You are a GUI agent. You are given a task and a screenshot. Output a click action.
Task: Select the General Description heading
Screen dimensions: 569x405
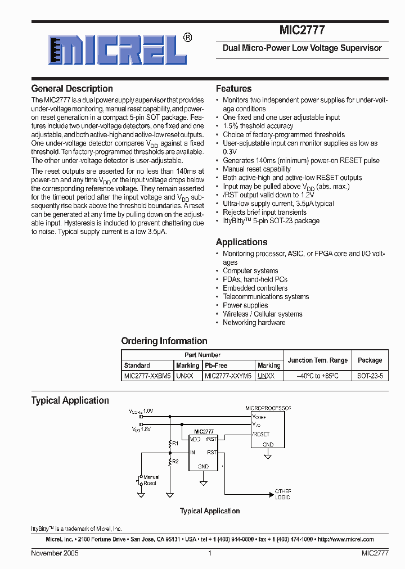[x=72, y=89]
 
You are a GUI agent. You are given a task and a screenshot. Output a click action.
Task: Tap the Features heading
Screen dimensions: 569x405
[x=233, y=89]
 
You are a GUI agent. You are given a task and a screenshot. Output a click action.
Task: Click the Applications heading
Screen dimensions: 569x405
[x=241, y=242]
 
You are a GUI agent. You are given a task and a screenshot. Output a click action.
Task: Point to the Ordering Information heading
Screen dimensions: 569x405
[x=164, y=341]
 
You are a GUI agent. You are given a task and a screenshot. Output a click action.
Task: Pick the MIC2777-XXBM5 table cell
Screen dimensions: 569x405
[x=147, y=376]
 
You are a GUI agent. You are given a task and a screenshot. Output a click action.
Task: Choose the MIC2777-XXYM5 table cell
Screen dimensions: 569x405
[x=228, y=376]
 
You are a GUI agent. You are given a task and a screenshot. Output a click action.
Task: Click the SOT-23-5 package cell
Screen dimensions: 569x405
[x=370, y=376]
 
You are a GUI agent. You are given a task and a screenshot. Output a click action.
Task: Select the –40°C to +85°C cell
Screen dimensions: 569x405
[x=318, y=376]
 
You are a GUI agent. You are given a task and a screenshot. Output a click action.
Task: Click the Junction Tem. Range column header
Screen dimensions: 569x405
[x=318, y=360]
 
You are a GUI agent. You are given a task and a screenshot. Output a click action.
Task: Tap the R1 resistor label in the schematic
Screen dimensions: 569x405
[x=175, y=444]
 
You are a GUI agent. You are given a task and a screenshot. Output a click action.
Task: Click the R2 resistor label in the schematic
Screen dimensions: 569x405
[x=175, y=461]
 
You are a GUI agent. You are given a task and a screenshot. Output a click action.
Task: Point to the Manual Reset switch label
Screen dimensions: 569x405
[x=150, y=480]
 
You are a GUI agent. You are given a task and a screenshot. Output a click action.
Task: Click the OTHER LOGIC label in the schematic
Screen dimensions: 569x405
[x=283, y=494]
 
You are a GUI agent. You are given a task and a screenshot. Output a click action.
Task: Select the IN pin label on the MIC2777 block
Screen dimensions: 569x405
[x=193, y=452]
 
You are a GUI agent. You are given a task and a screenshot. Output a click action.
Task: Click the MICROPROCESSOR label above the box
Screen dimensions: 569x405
[x=268, y=407]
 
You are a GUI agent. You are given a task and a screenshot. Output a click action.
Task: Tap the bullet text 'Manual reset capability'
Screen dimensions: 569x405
[x=256, y=169]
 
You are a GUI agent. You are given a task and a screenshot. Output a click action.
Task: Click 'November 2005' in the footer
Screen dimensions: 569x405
[x=55, y=553]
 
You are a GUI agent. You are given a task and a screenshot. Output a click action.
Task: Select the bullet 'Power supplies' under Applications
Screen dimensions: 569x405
[x=245, y=305]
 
